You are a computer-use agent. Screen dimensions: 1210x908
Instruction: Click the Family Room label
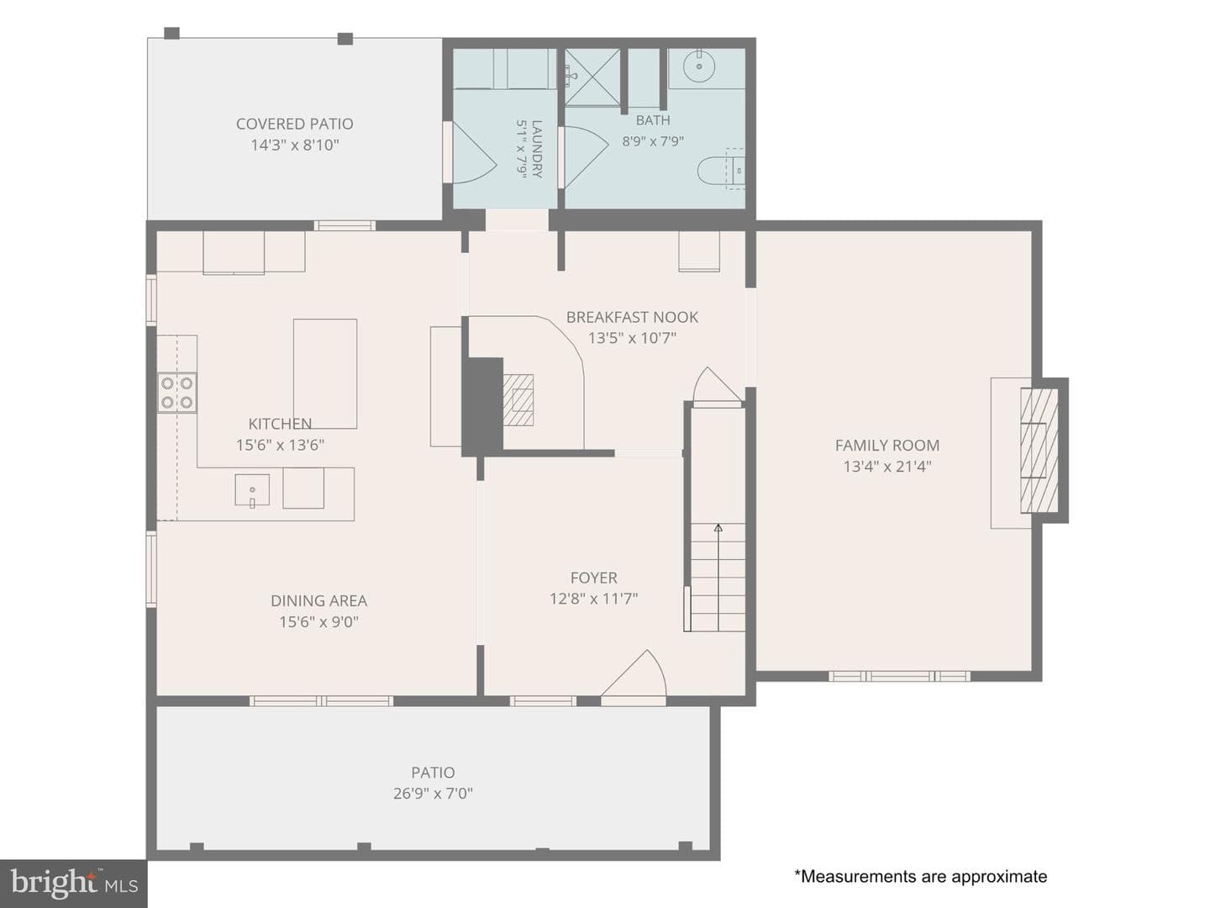click(x=887, y=445)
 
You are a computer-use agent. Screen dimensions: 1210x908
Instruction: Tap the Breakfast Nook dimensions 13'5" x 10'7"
click(x=632, y=337)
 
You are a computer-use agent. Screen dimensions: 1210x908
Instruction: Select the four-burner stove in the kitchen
click(x=177, y=393)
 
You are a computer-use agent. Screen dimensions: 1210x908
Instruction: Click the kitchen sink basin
click(x=252, y=489)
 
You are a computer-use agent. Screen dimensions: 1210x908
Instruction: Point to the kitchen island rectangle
click(x=325, y=373)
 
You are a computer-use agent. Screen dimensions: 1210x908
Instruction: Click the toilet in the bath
click(x=721, y=171)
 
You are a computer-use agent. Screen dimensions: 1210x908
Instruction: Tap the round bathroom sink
click(x=699, y=66)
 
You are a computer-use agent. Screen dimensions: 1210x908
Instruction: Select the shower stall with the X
click(x=592, y=77)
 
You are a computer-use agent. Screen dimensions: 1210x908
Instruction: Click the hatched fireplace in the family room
click(x=1039, y=451)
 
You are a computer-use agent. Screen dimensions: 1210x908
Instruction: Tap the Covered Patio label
click(x=294, y=124)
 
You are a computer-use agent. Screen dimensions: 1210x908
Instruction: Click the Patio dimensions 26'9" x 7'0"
click(x=433, y=794)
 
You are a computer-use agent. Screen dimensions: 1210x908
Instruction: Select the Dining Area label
click(x=318, y=600)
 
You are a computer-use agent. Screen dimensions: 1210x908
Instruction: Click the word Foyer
click(x=594, y=578)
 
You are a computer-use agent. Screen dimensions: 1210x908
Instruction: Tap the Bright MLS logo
click(x=73, y=884)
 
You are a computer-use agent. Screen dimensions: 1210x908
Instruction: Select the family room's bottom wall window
click(x=899, y=676)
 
